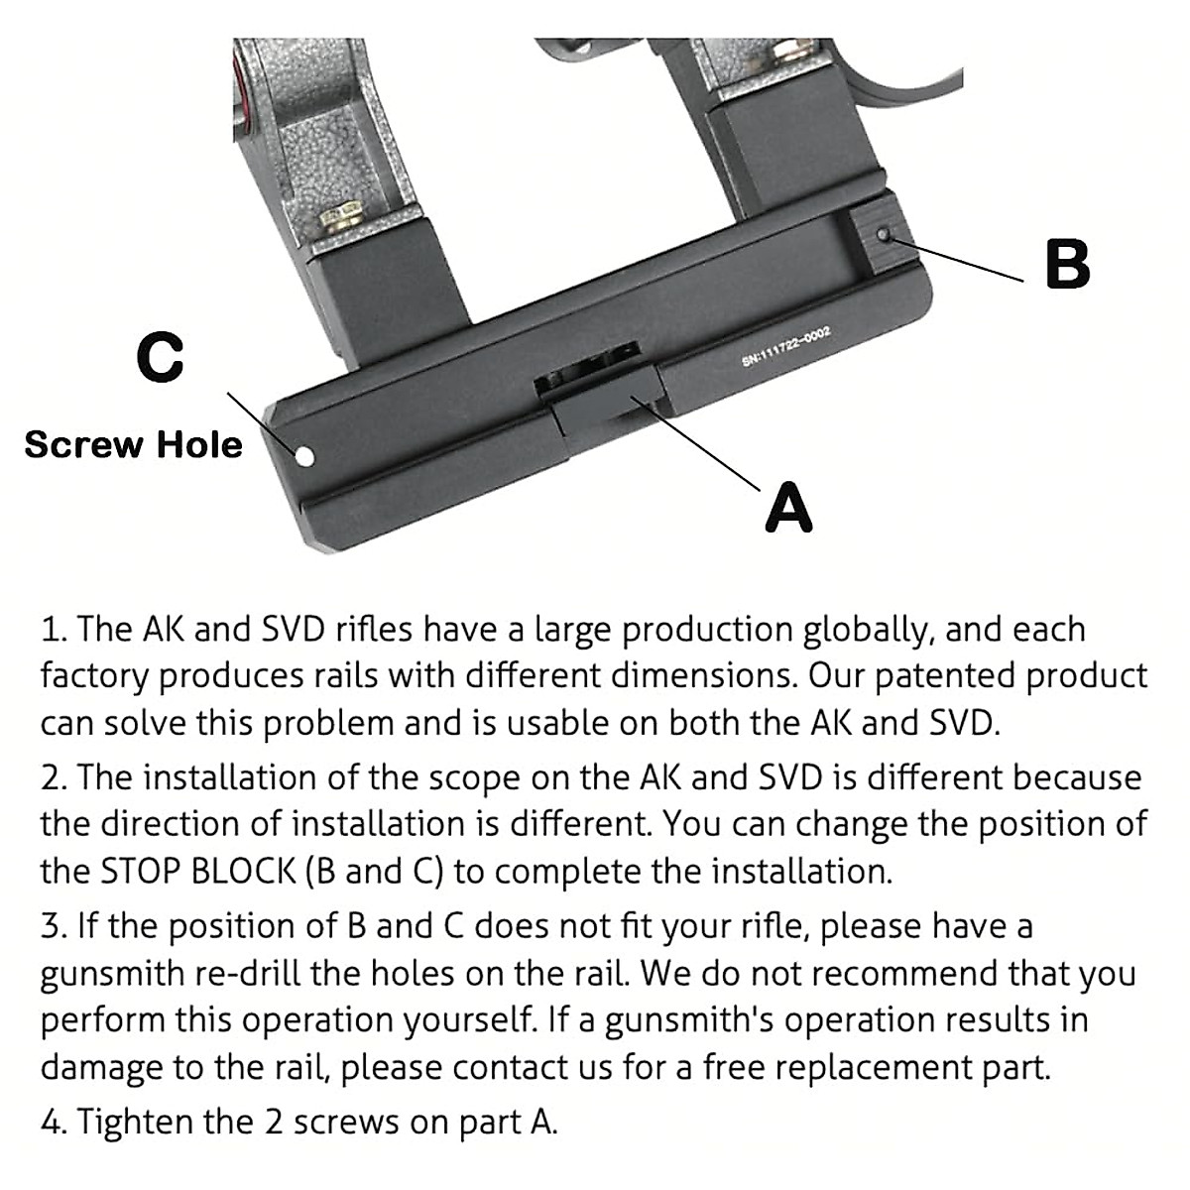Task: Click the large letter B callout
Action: pos(1067,265)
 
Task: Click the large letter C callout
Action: pos(161,358)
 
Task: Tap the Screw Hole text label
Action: pos(133,444)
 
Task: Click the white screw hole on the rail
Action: pos(304,456)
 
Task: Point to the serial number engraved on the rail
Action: pos(784,349)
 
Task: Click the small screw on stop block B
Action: pos(883,235)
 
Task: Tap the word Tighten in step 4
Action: pos(135,1122)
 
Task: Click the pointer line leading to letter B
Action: pos(957,259)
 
